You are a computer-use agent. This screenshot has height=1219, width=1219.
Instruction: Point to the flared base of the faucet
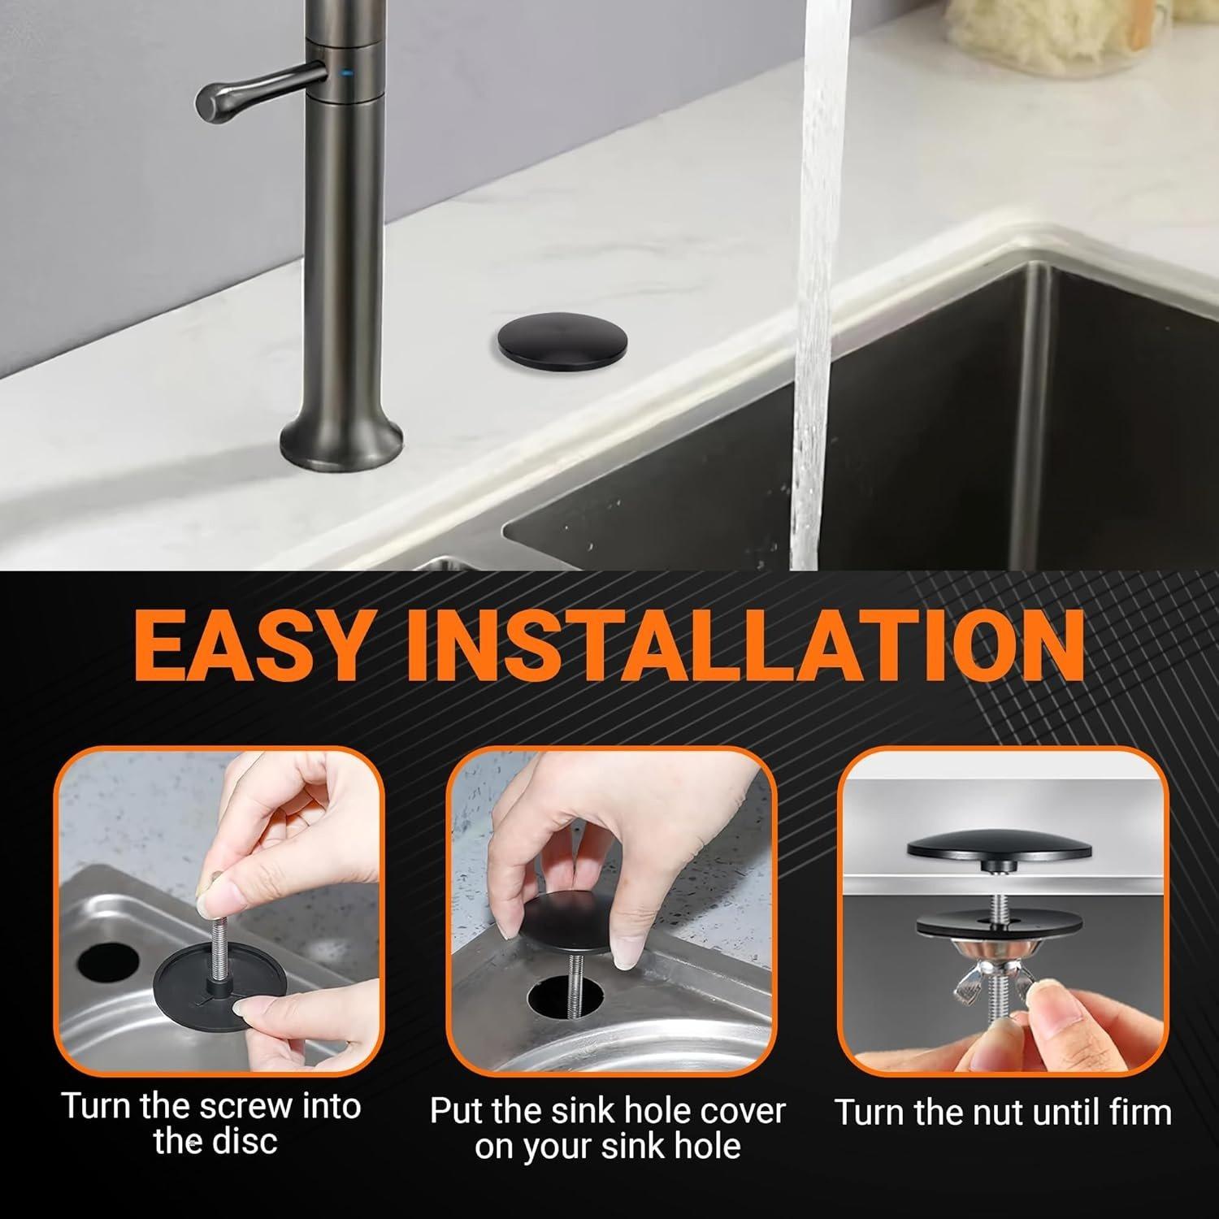point(341,440)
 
